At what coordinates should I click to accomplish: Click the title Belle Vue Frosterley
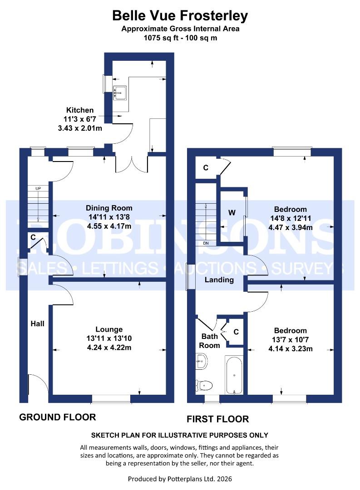(x=180, y=16)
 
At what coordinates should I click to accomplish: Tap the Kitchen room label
(x=80, y=110)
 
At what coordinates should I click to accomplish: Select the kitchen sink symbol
(x=120, y=93)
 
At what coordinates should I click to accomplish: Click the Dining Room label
(x=109, y=208)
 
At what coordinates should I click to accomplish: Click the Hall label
(x=38, y=323)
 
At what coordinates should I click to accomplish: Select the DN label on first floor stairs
(x=205, y=243)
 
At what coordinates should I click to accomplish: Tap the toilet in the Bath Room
(x=205, y=385)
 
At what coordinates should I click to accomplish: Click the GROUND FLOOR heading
(x=57, y=417)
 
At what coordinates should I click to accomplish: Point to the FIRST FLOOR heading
(x=217, y=419)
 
